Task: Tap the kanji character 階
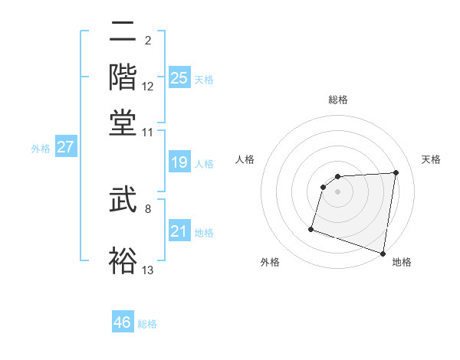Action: click(123, 77)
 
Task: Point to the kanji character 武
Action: click(123, 202)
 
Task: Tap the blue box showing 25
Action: click(179, 78)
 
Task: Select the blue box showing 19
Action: click(179, 162)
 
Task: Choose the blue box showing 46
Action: click(123, 322)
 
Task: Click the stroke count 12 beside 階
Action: click(148, 87)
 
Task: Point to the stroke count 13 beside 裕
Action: click(148, 270)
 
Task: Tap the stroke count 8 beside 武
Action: click(148, 208)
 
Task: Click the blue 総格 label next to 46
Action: click(147, 324)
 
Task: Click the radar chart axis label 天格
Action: click(431, 159)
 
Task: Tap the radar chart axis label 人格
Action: click(245, 159)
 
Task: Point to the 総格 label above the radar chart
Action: click(338, 100)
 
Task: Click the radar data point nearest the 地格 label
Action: click(383, 253)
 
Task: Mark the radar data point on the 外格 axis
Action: click(311, 228)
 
